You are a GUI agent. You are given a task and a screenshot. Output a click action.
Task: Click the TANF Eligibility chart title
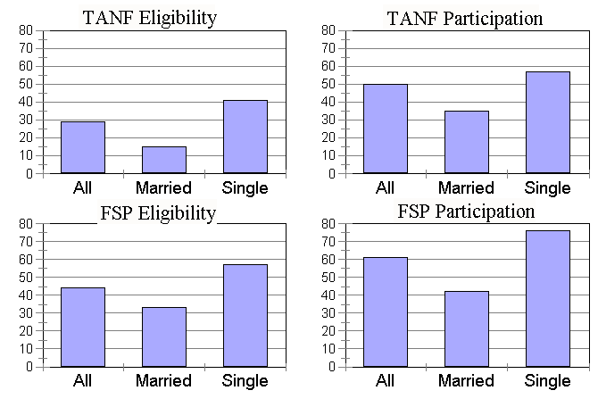coord(149,18)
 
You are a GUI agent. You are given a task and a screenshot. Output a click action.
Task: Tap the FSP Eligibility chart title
coord(157,212)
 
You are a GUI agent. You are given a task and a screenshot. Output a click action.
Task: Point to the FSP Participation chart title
coord(466,212)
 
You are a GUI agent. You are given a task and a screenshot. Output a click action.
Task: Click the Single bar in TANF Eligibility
coord(245,137)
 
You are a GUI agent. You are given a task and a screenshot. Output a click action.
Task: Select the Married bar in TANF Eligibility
coord(164,160)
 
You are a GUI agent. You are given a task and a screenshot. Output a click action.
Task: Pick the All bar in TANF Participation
coord(386,129)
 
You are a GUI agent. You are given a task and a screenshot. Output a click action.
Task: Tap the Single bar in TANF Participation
coord(547,122)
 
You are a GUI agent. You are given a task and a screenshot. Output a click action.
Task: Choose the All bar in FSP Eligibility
coord(83,327)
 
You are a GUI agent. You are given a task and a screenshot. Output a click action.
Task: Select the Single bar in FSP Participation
coord(547,298)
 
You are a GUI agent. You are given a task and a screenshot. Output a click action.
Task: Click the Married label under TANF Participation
coord(466,188)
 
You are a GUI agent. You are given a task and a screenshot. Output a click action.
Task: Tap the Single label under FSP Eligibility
coord(245,381)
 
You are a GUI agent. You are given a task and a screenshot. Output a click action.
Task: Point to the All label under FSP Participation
coord(386,381)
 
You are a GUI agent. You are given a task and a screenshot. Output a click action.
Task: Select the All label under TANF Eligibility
coord(83,188)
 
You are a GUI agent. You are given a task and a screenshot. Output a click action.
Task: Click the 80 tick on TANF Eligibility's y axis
coord(26,30)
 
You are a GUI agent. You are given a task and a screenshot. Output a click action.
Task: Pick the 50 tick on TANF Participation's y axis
coord(328,84)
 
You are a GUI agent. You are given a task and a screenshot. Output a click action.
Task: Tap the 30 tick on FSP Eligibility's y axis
coord(26,313)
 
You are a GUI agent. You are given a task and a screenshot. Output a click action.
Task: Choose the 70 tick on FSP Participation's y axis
coord(328,241)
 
